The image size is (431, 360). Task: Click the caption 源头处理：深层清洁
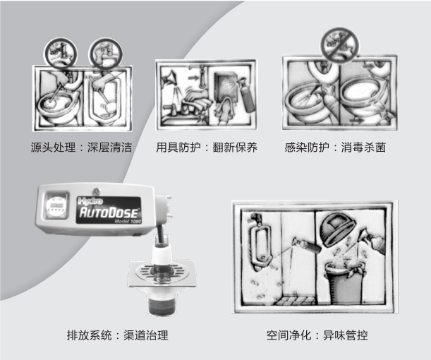tap(81, 148)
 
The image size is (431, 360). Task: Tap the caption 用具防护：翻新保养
tap(207, 148)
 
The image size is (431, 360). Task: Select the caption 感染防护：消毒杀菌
tap(335, 148)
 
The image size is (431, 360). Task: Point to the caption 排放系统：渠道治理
tap(117, 335)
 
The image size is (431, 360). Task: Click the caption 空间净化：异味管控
tap(317, 335)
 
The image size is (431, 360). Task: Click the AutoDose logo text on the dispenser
tap(109, 213)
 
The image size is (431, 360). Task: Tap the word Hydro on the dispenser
tap(90, 201)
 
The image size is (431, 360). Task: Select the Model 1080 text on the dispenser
tap(128, 221)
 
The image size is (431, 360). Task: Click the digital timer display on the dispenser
tap(56, 205)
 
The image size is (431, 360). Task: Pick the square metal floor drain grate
tap(162, 272)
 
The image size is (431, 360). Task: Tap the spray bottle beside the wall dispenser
tap(246, 95)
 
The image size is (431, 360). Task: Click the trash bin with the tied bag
tap(346, 282)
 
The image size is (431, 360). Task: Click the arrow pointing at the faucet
tap(193, 78)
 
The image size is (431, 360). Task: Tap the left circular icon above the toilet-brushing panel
tap(61, 54)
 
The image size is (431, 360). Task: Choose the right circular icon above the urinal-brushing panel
tap(105, 54)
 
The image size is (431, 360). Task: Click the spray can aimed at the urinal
tap(306, 246)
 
